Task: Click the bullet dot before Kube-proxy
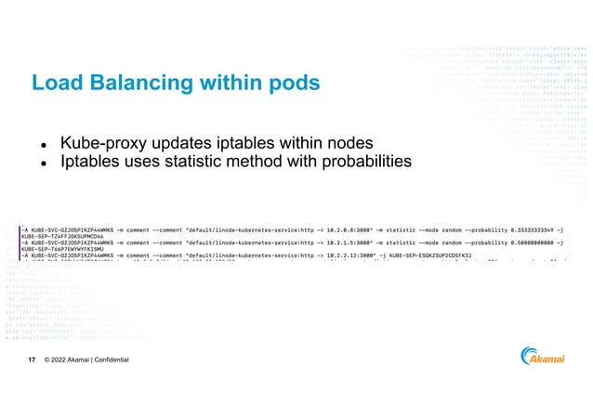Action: pyautogui.click(x=42, y=146)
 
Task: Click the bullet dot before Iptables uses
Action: pyautogui.click(x=42, y=164)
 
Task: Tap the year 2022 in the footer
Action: pyautogui.click(x=66, y=360)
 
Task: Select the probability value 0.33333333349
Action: pyautogui.click(x=539, y=227)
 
